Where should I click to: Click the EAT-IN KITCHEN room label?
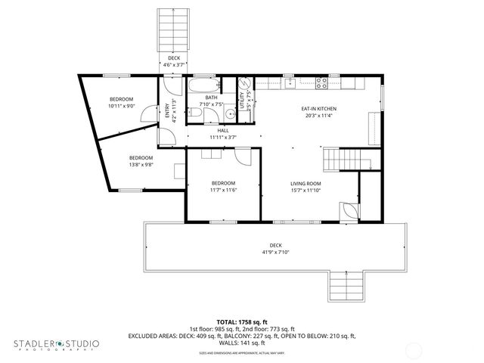(321, 109)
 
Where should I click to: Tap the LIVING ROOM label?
(306, 184)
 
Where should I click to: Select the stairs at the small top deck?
(173, 31)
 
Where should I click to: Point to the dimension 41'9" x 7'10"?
(275, 253)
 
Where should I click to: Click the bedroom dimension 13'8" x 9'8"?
(140, 165)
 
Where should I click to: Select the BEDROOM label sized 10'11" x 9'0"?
(121, 100)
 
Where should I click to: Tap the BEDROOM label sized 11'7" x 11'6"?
(223, 184)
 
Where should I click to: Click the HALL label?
(223, 131)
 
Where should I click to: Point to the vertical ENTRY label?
(167, 110)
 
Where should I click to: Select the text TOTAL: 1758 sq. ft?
(241, 321)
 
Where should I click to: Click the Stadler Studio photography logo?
(56, 345)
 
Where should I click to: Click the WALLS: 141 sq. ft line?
(241, 343)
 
